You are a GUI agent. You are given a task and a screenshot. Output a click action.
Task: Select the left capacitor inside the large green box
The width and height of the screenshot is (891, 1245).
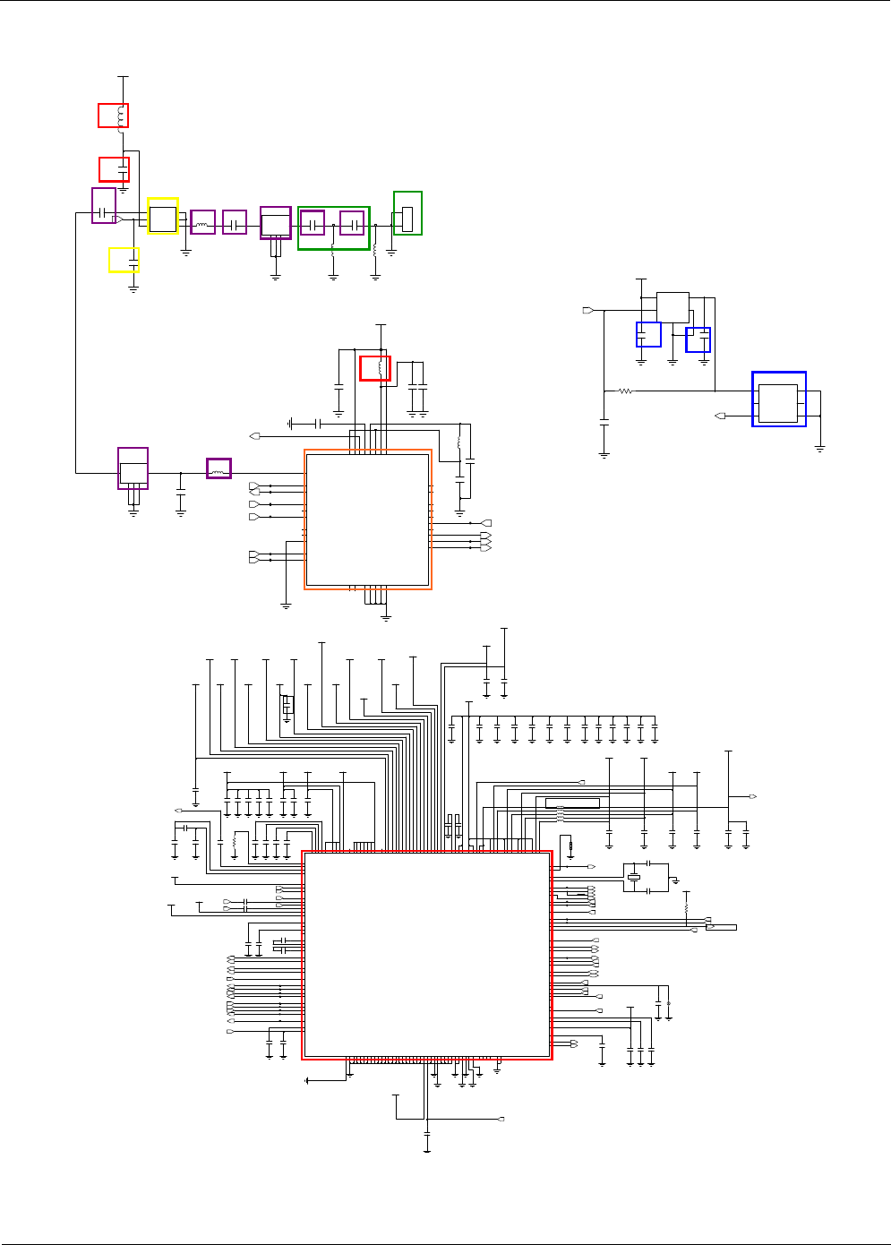coord(313,223)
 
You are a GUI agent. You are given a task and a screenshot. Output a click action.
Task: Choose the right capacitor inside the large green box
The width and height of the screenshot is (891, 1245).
coord(353,223)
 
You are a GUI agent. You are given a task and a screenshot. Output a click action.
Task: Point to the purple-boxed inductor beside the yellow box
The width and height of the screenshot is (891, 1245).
coord(202,223)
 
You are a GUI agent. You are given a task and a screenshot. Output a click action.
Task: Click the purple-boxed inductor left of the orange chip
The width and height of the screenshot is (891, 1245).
coord(218,468)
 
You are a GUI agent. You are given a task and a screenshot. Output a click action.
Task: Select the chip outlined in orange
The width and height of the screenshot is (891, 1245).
coord(368,519)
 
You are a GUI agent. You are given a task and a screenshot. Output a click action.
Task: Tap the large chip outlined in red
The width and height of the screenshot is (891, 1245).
coord(426,955)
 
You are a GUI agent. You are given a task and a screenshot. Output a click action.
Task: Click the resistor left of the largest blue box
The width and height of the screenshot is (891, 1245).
coord(626,391)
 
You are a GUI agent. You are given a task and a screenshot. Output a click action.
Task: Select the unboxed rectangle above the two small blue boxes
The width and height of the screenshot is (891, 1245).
coord(673,307)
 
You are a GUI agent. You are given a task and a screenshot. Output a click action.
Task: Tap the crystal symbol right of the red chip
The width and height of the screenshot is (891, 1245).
coord(635,877)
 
